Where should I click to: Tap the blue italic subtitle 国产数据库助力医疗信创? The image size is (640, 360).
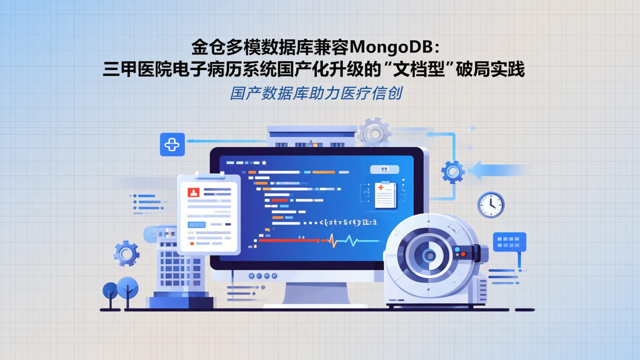(x=316, y=93)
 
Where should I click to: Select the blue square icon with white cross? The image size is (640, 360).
(x=172, y=144)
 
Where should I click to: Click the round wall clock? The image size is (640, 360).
(x=491, y=205)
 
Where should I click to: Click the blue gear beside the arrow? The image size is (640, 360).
(x=453, y=172)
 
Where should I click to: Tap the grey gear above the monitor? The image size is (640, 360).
(x=374, y=132)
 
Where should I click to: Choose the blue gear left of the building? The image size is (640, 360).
(x=126, y=253)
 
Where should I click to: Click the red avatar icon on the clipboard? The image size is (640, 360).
(x=193, y=192)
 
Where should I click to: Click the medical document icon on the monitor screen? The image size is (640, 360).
(x=385, y=195)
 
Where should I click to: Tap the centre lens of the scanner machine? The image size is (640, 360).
(x=429, y=255)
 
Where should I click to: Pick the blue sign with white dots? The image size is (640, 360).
(x=509, y=242)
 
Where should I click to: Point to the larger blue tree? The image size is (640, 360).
(x=128, y=288)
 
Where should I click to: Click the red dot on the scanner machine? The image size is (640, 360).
(x=463, y=254)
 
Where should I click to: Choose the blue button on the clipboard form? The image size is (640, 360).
(x=196, y=225)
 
